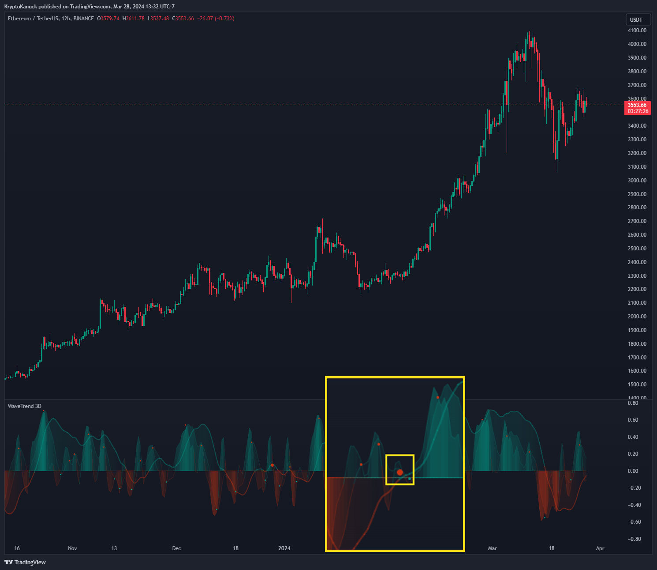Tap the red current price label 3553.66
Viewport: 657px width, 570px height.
pyautogui.click(x=638, y=105)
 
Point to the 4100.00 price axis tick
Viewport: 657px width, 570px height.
pyautogui.click(x=637, y=30)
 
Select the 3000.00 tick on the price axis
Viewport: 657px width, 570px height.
pyautogui.click(x=637, y=180)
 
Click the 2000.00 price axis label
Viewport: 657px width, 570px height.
pyautogui.click(x=637, y=317)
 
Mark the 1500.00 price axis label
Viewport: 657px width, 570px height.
pyautogui.click(x=637, y=385)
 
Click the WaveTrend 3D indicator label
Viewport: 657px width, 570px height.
pyautogui.click(x=25, y=406)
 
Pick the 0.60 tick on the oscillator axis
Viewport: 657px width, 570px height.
pyautogui.click(x=633, y=420)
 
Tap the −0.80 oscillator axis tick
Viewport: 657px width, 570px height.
pyautogui.click(x=634, y=539)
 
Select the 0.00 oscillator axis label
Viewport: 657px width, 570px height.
pyautogui.click(x=633, y=471)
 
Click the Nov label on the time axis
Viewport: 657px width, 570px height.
pyautogui.click(x=72, y=548)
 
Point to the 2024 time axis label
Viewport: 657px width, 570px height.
pyautogui.click(x=284, y=548)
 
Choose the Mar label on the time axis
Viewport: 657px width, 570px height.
pyautogui.click(x=493, y=548)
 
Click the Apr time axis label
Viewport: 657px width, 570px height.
pyautogui.click(x=600, y=548)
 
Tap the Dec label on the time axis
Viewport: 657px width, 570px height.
pyautogui.click(x=176, y=548)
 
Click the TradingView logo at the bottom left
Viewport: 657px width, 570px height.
pyautogui.click(x=25, y=562)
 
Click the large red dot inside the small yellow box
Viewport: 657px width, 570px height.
pyautogui.click(x=400, y=472)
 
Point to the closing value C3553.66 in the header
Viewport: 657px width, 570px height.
pyautogui.click(x=183, y=19)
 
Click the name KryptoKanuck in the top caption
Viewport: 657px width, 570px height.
pyautogui.click(x=20, y=7)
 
